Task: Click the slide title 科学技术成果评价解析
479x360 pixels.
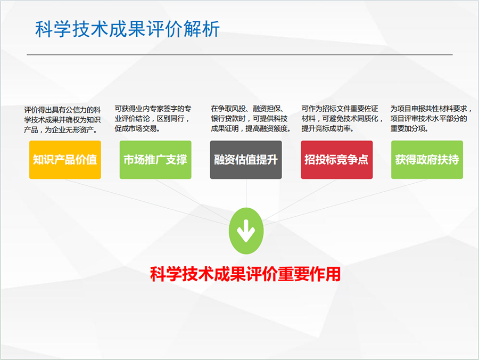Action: pyautogui.click(x=127, y=29)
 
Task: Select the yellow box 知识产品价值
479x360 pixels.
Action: pyautogui.click(x=65, y=160)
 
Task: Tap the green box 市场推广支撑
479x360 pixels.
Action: pyautogui.click(x=155, y=160)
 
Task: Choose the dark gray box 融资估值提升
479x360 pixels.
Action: pyautogui.click(x=246, y=160)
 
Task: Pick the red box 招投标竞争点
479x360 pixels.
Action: pyautogui.click(x=337, y=160)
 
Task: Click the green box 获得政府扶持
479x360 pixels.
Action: pyautogui.click(x=427, y=160)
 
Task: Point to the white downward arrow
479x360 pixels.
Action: pyautogui.click(x=246, y=231)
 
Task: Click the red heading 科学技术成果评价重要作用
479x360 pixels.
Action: pyautogui.click(x=245, y=274)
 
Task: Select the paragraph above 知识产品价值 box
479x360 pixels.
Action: pyautogui.click(x=62, y=120)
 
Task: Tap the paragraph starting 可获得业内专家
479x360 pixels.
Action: pyautogui.click(x=153, y=119)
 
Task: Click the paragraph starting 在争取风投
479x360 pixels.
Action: pyautogui.click(x=251, y=119)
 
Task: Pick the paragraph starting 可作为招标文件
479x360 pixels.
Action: pyautogui.click(x=342, y=119)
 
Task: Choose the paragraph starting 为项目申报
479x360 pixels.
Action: pyautogui.click(x=431, y=119)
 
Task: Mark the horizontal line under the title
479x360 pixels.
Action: pyautogui.click(x=240, y=55)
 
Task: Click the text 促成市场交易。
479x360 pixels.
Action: pyautogui.click(x=137, y=129)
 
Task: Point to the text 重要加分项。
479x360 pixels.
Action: pyautogui.click(x=409, y=129)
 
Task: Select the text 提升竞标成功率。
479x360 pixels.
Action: pyautogui.click(x=328, y=129)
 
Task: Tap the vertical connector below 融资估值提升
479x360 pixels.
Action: pyautogui.click(x=246, y=194)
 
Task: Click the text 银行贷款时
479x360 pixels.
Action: pyautogui.click(x=228, y=119)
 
